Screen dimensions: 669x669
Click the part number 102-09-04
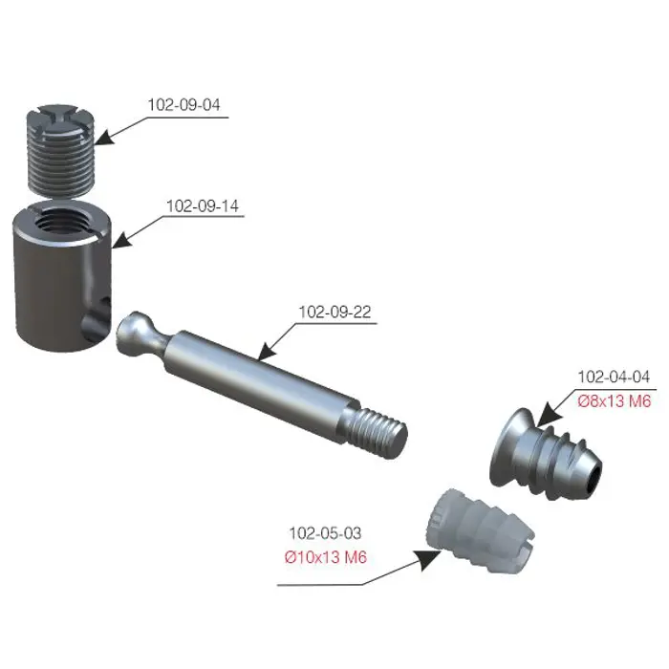pyautogui.click(x=183, y=105)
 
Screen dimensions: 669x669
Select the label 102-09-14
pyautogui.click(x=203, y=206)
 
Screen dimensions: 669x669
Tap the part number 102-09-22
pyautogui.click(x=334, y=312)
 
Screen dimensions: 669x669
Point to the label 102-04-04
pyautogui.click(x=614, y=377)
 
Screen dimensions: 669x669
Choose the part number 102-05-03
pyautogui.click(x=326, y=533)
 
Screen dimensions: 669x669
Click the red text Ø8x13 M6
pyautogui.click(x=615, y=401)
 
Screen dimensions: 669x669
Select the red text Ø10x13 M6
pyautogui.click(x=326, y=557)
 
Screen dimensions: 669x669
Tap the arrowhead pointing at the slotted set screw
pyautogui.click(x=104, y=137)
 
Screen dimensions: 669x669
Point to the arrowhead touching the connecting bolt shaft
pyautogui.click(x=267, y=352)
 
